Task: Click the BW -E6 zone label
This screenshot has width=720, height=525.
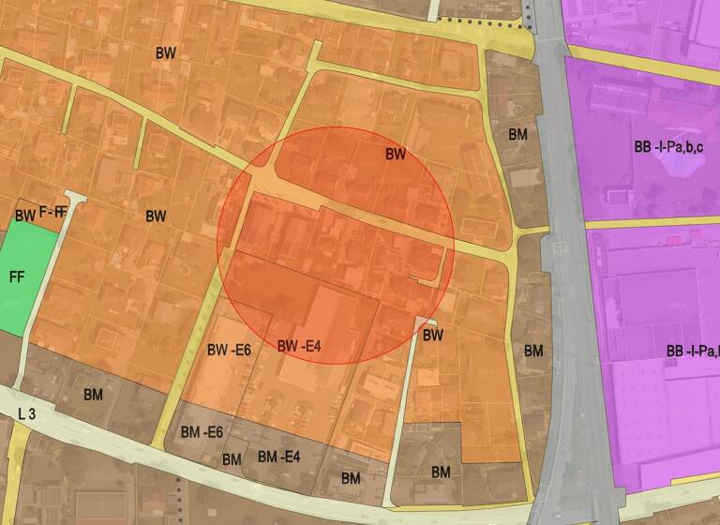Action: click(229, 350)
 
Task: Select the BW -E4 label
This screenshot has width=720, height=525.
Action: click(300, 346)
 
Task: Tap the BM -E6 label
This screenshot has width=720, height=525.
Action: click(202, 432)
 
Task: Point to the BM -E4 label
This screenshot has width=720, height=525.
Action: click(278, 457)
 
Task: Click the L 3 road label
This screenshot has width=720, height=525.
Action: click(27, 413)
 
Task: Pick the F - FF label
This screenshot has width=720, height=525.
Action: click(52, 212)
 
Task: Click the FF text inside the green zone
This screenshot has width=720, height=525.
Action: click(17, 277)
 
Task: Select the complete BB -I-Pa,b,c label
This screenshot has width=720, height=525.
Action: click(668, 147)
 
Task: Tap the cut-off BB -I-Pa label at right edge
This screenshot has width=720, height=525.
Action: click(692, 352)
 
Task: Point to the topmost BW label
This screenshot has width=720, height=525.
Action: click(166, 52)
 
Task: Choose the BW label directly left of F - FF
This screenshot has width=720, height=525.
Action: click(24, 216)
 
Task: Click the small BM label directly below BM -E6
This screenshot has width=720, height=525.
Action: click(232, 458)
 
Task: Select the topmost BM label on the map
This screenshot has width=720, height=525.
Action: click(518, 134)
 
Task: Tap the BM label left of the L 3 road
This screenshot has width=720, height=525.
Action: click(94, 394)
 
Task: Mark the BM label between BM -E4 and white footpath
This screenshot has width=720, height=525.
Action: click(351, 478)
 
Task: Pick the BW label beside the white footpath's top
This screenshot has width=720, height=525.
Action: click(432, 335)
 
